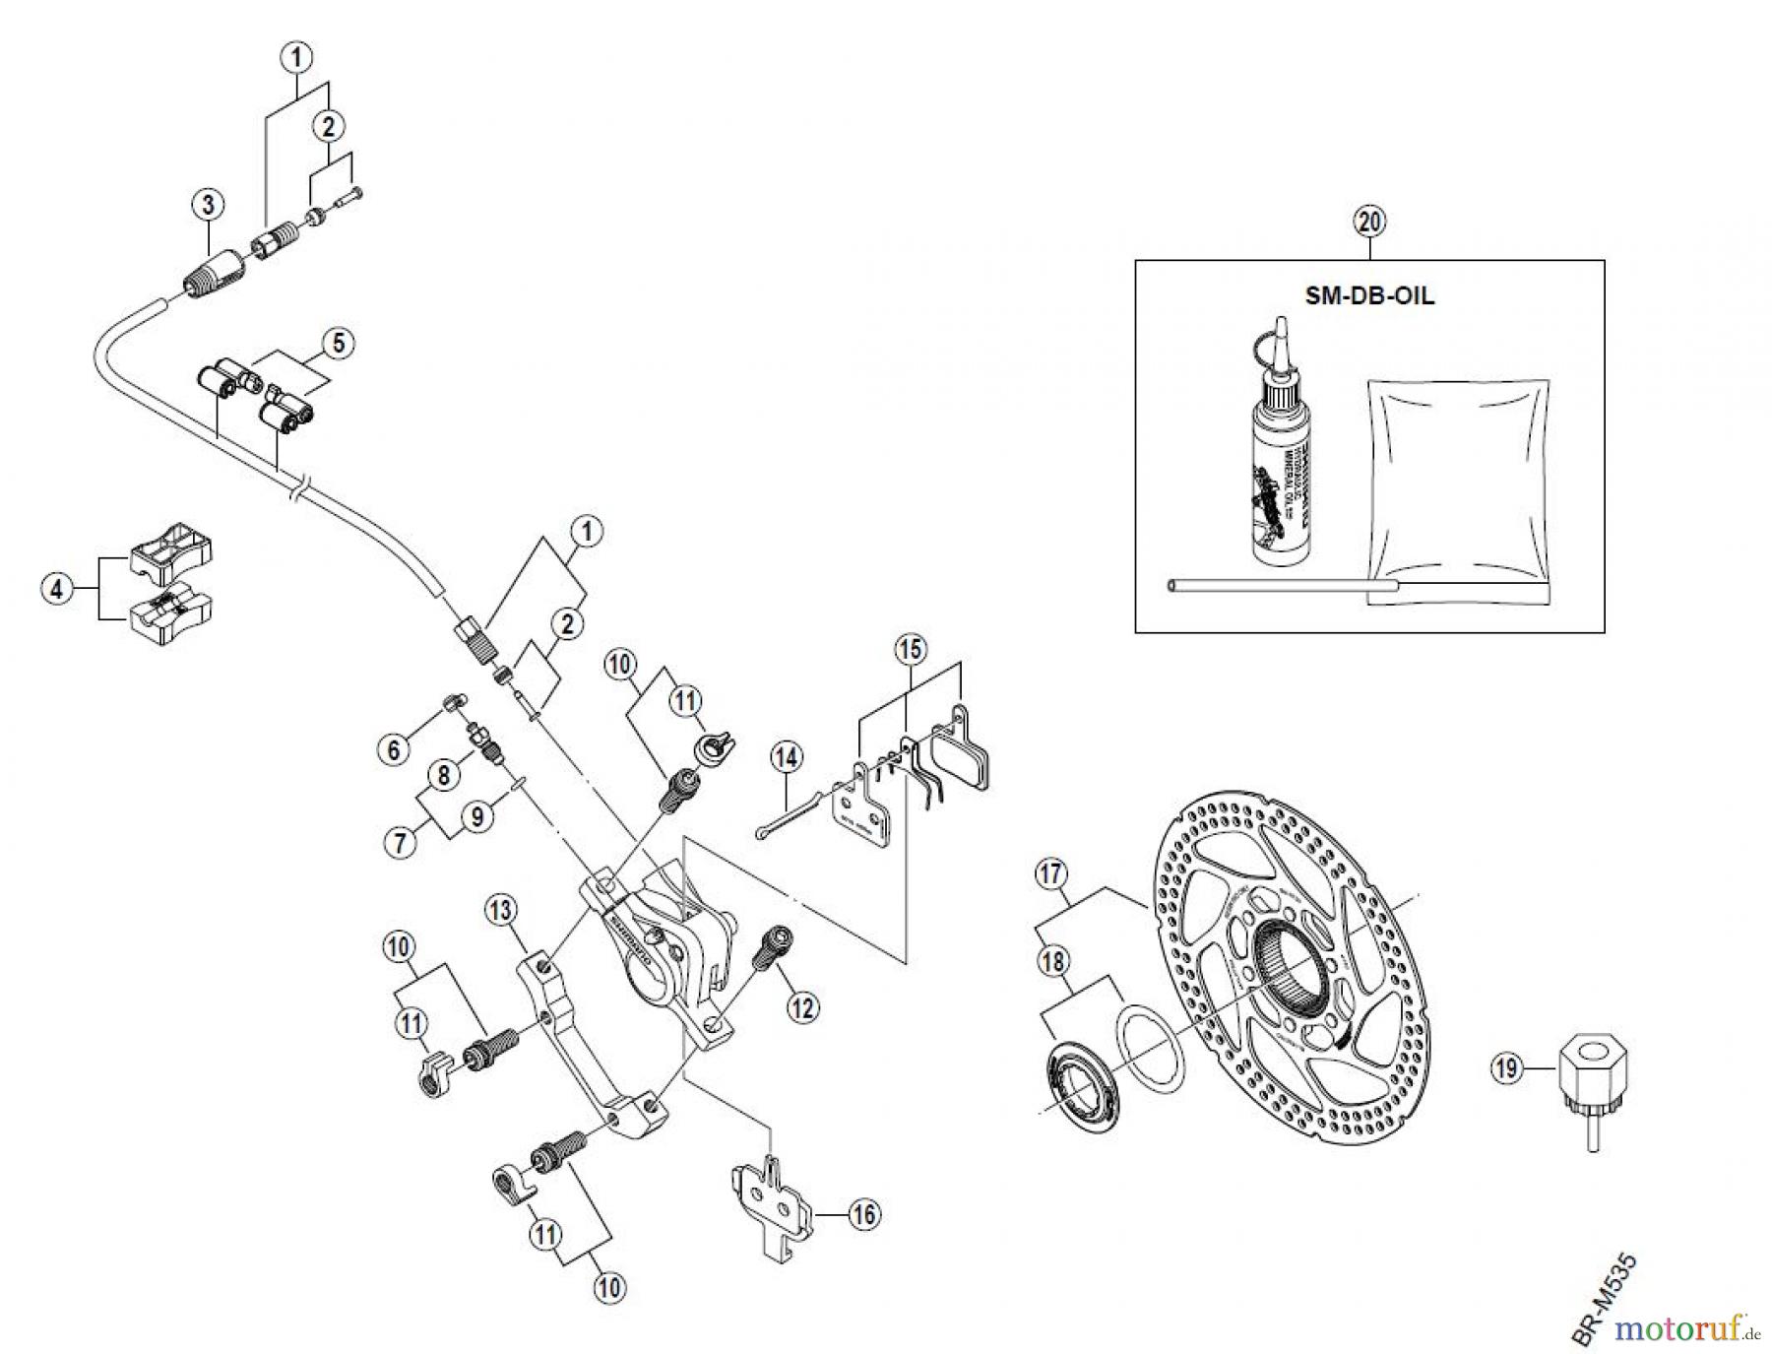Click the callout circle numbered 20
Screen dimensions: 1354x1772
1369,222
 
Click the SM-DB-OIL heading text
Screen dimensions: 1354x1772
1369,296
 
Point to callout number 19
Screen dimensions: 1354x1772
1507,1068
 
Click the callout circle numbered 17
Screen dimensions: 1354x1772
1051,873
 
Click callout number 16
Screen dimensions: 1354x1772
863,1215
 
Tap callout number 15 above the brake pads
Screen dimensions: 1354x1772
911,649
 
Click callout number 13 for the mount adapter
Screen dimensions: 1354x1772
501,911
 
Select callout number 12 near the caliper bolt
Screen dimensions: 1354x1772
802,1007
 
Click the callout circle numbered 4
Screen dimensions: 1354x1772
57,590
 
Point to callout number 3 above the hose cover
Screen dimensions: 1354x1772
208,205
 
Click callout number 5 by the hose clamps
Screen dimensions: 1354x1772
338,344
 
